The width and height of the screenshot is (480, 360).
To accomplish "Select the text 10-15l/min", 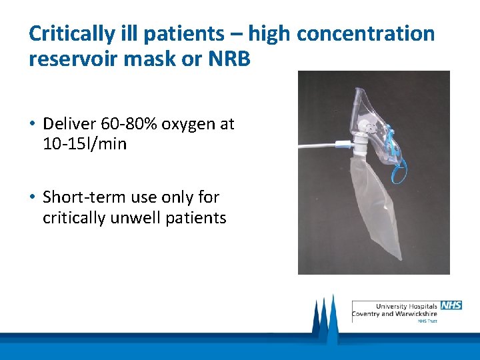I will click(85, 143).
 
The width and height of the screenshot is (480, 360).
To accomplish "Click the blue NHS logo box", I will click(451, 305).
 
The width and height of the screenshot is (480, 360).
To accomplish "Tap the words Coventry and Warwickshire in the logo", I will click(395, 313).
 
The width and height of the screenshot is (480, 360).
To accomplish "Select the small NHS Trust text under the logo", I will click(427, 321).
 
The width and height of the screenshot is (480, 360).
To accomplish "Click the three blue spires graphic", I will click(324, 316).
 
